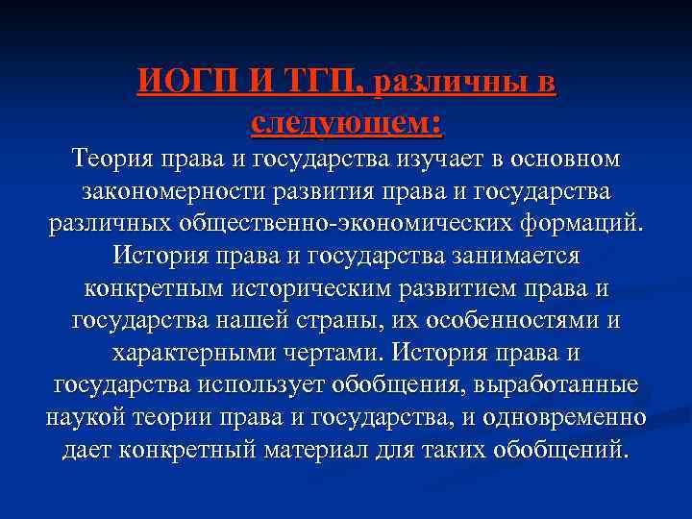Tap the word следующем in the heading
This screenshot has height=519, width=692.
pos(341,121)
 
